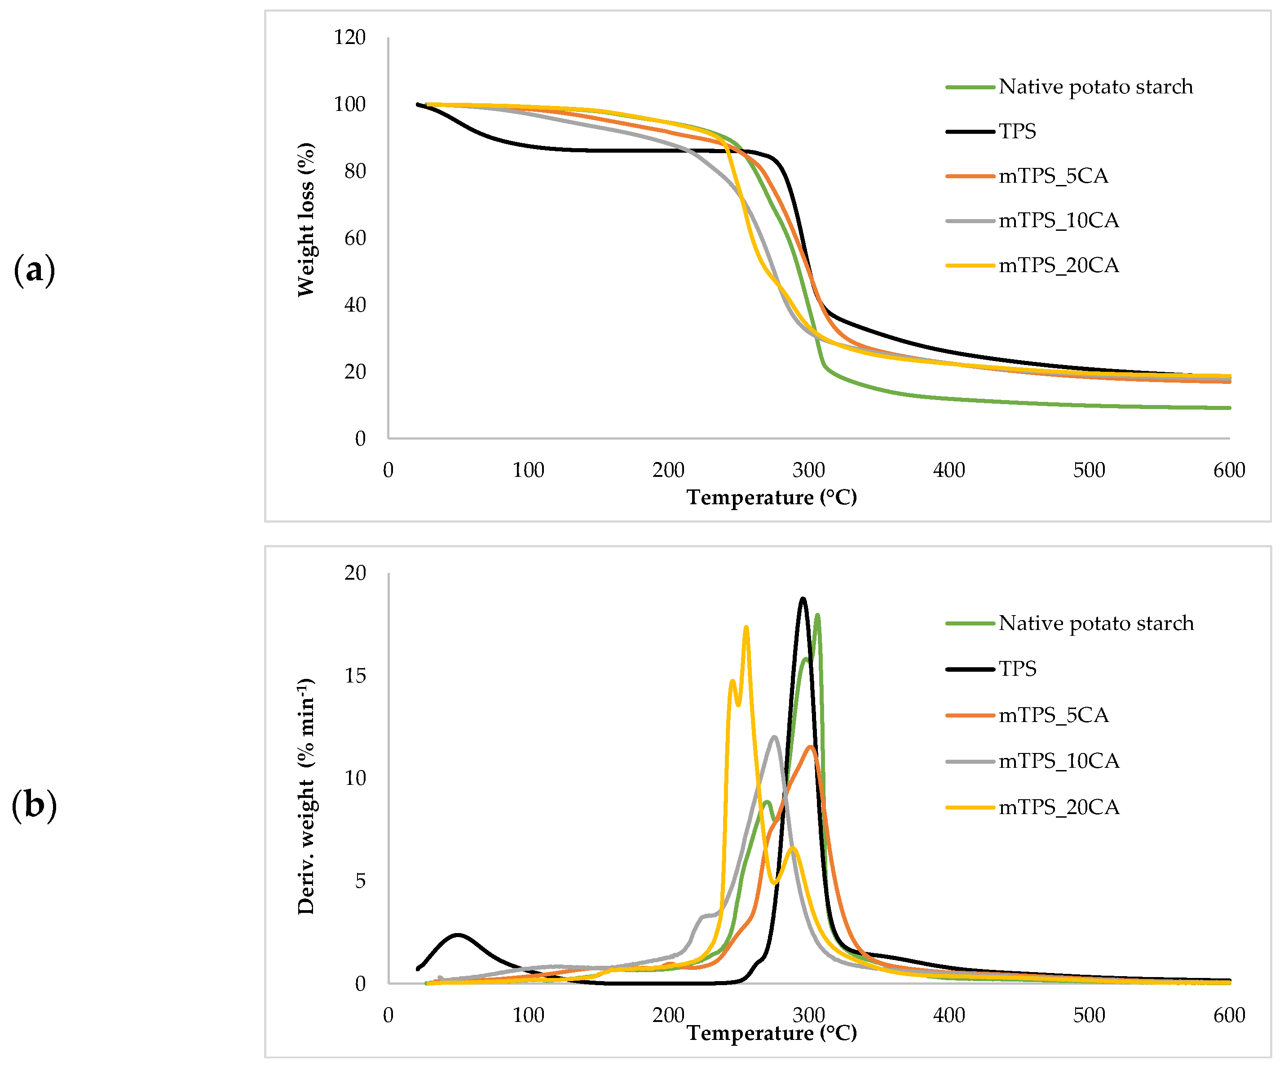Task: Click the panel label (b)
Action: tap(34, 805)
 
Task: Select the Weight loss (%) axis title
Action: tap(306, 220)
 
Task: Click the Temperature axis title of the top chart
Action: tap(772, 497)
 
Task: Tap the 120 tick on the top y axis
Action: tap(350, 37)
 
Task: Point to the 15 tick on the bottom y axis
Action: tap(355, 676)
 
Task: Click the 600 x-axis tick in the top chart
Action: tap(1229, 470)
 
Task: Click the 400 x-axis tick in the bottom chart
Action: tap(949, 1016)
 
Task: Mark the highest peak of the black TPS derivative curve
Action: tap(803, 599)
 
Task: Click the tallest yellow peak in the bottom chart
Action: tap(746, 627)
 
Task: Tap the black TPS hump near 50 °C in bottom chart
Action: tap(457, 935)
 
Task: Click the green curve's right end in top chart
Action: tap(1228, 408)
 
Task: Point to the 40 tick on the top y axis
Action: tap(355, 304)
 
